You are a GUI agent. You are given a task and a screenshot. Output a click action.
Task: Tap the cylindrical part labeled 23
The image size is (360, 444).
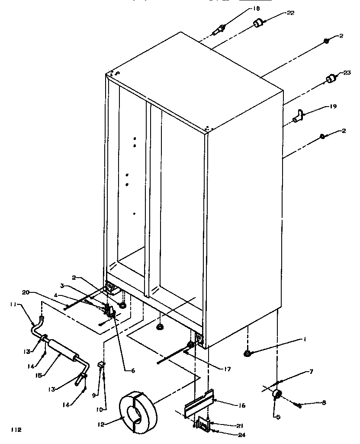pyautogui.click(x=331, y=79)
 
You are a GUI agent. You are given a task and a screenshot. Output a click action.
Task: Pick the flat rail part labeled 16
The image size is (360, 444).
pyautogui.click(x=199, y=403)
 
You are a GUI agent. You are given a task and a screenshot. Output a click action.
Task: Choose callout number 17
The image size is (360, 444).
pyautogui.click(x=227, y=369)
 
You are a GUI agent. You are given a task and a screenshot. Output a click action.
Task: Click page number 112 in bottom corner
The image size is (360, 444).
pyautogui.click(x=16, y=430)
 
